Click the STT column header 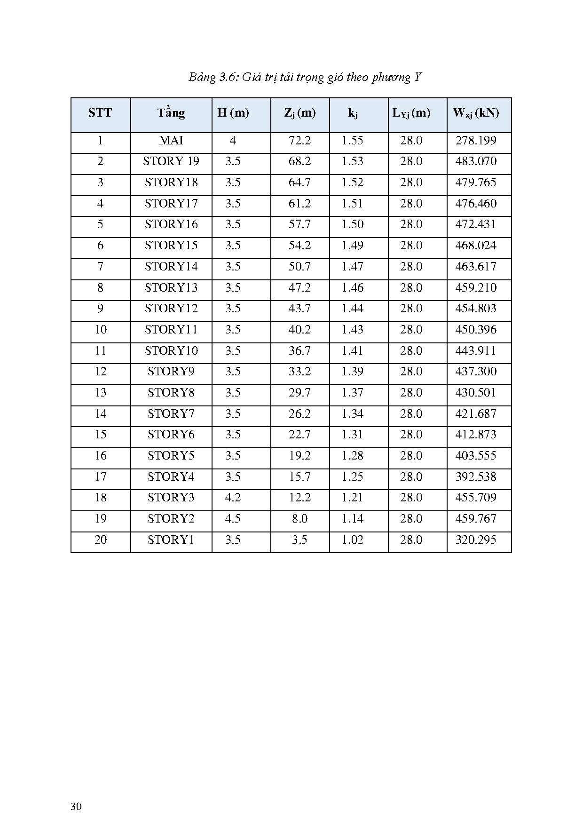[x=100, y=113]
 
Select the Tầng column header [x=171, y=113]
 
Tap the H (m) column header [x=233, y=113]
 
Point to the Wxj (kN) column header [x=476, y=113]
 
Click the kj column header [x=353, y=113]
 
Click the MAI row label [x=171, y=141]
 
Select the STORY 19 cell [x=171, y=161]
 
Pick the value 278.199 [x=476, y=141]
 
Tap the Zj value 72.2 [x=299, y=141]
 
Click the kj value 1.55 [x=353, y=141]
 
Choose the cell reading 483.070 [x=476, y=161]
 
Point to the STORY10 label [x=171, y=351]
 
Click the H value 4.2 [x=233, y=498]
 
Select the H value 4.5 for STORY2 [x=233, y=519]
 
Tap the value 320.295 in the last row [x=476, y=540]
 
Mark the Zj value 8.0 [x=299, y=519]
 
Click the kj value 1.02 [x=353, y=540]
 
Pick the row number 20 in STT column [x=101, y=540]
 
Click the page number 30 [x=76, y=807]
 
